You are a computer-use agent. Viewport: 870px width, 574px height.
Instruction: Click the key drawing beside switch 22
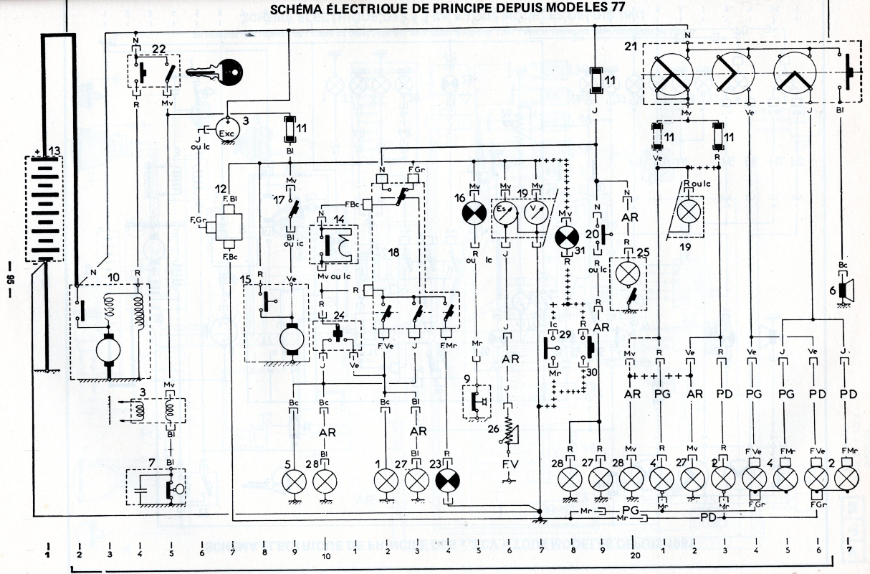216,72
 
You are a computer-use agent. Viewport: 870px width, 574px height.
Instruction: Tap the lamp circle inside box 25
628,275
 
